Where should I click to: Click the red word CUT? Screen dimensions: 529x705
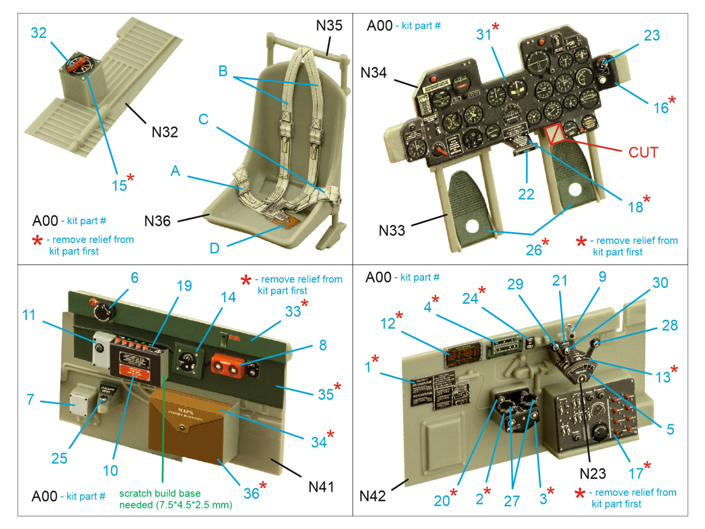tap(643, 153)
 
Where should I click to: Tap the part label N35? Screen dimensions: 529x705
tap(329, 26)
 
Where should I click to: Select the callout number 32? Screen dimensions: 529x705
tap(39, 33)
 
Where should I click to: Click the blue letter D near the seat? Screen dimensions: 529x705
tap(214, 248)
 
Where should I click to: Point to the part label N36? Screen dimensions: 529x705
tap(157, 221)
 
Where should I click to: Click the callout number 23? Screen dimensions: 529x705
tap(652, 36)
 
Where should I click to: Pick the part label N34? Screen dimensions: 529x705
tap(373, 73)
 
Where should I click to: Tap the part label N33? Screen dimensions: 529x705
tap(392, 230)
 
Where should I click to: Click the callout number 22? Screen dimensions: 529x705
tap(526, 194)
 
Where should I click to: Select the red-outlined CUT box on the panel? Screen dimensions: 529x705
tap(555, 134)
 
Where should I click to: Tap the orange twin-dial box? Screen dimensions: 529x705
tap(227, 365)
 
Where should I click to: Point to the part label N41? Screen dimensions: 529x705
tap(321, 487)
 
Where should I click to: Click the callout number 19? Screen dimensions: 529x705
tap(184, 286)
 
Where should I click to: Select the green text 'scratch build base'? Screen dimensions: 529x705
tap(160, 493)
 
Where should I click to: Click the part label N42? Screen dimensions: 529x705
tap(372, 496)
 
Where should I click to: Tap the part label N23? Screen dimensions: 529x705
tap(593, 474)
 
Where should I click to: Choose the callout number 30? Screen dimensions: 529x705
tap(660, 283)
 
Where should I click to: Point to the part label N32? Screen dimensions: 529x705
tap(164, 132)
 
